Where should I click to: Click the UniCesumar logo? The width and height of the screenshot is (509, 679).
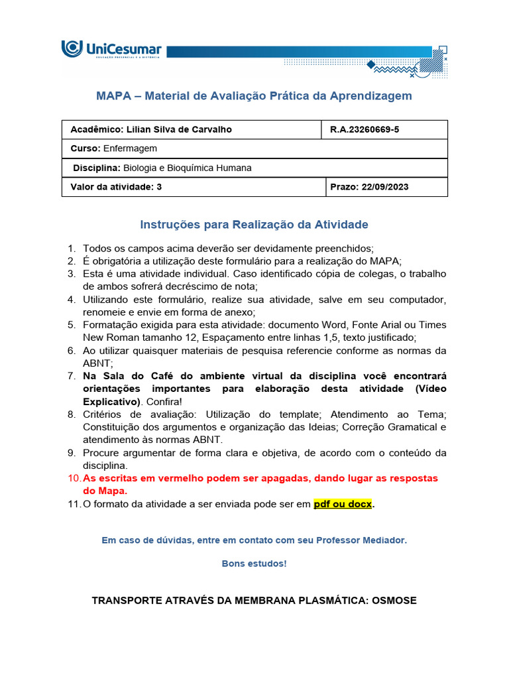(111, 50)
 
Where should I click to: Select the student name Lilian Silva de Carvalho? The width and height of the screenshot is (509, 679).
(179, 130)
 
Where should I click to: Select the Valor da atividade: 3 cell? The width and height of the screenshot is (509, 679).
(116, 187)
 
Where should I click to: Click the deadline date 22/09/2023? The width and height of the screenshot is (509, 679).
(386, 187)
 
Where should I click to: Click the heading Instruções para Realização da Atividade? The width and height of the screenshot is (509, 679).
(254, 225)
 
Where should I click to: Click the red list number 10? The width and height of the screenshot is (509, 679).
(73, 478)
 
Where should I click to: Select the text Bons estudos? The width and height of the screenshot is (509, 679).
(254, 564)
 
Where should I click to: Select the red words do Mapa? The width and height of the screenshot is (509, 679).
(105, 491)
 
